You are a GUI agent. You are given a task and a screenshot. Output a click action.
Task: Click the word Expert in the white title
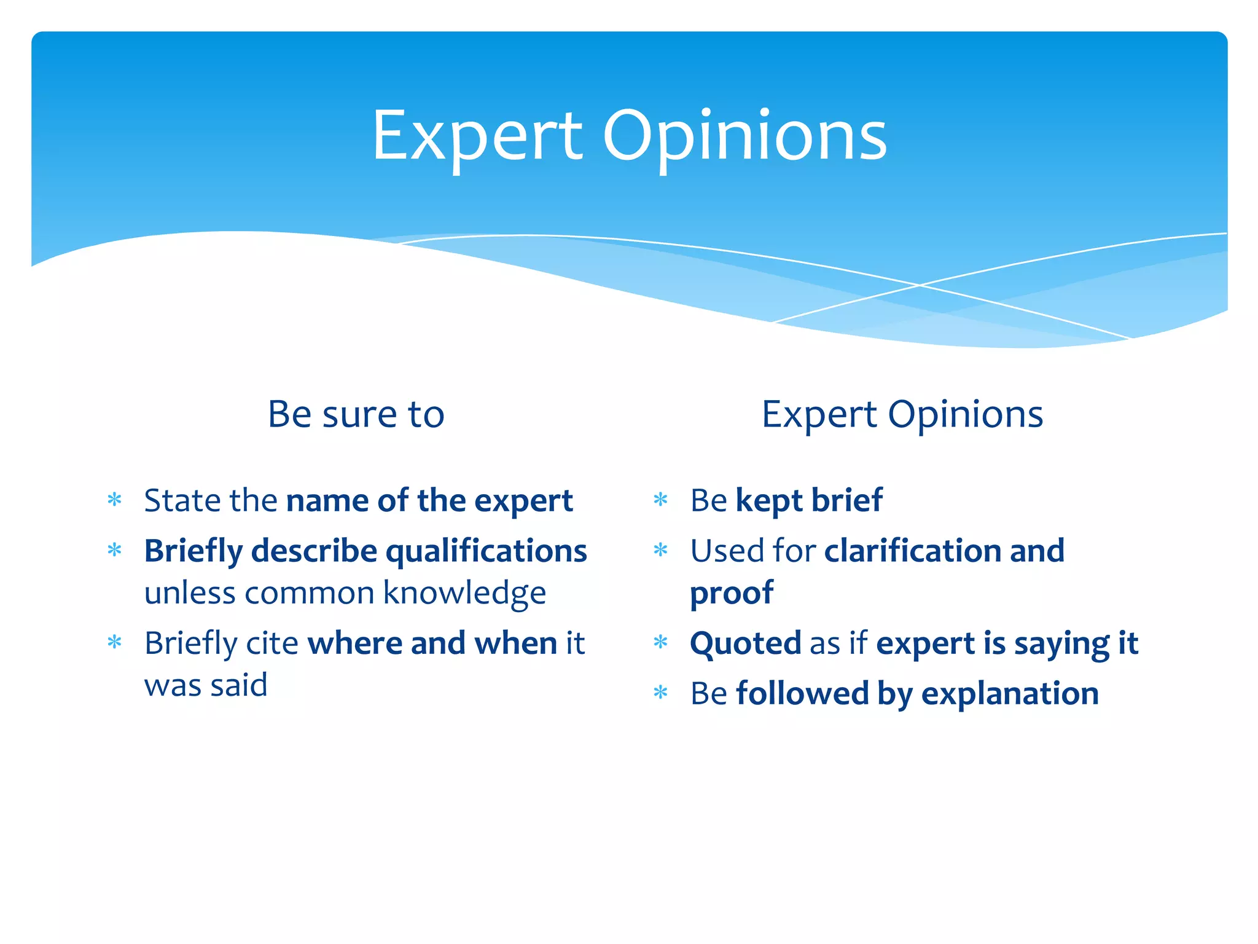477,136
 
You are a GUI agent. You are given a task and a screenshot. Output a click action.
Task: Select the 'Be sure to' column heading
356,414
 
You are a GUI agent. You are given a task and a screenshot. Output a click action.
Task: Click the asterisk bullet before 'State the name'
115,499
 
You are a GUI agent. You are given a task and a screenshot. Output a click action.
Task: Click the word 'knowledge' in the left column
464,593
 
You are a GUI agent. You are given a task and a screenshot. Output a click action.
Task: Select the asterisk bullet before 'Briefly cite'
115,642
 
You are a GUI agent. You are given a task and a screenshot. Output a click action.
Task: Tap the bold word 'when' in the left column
515,643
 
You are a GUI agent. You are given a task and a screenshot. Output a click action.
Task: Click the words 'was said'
206,685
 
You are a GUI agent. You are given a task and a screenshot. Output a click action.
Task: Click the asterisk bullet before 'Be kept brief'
660,499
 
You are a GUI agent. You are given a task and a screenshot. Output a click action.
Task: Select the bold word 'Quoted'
745,644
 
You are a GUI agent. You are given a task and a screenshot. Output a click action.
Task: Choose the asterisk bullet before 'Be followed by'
660,693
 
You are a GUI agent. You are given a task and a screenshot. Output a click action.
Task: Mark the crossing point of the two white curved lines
920,285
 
